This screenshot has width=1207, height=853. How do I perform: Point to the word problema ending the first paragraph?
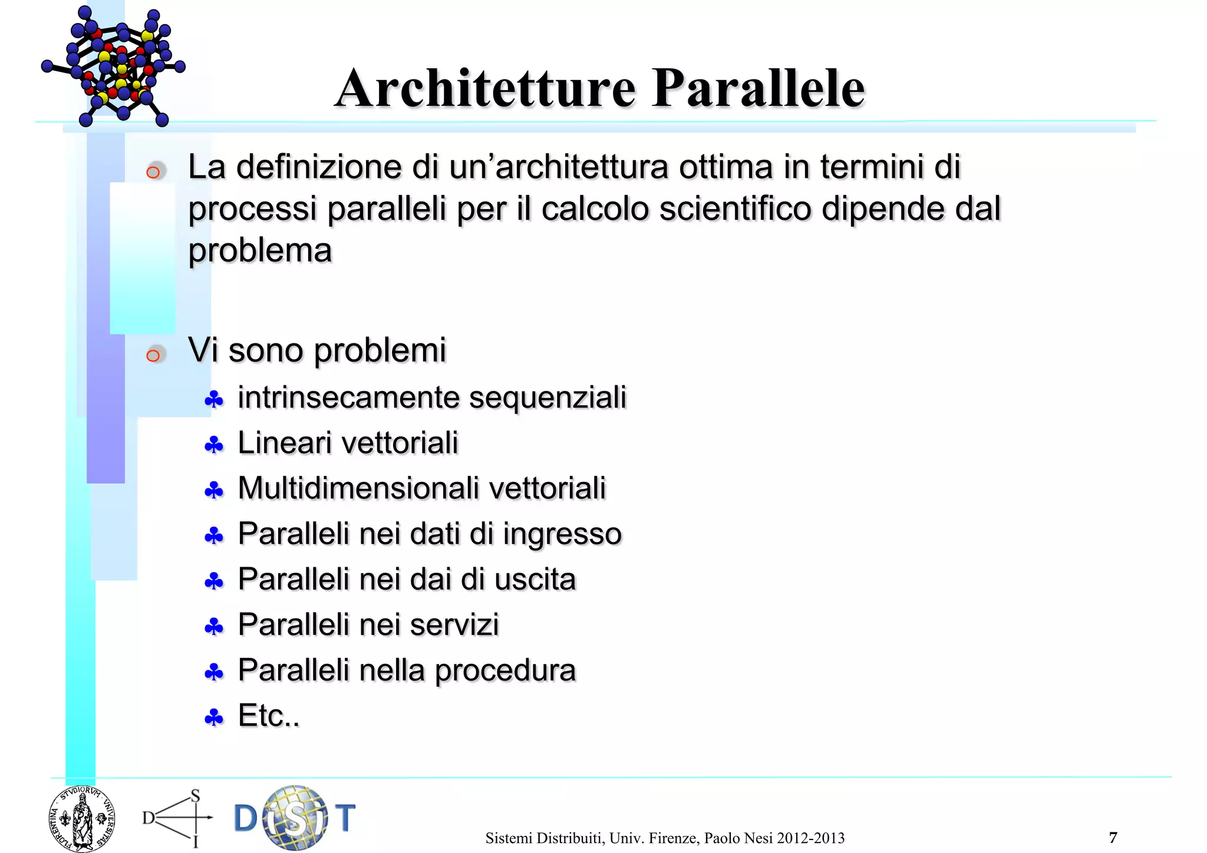coord(260,251)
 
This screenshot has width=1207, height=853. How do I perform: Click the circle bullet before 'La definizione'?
coord(153,172)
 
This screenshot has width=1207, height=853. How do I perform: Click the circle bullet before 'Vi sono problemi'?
coord(153,355)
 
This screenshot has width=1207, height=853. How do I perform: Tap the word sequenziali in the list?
coord(548,397)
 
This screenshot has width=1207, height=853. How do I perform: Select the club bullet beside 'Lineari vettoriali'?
coord(213,445)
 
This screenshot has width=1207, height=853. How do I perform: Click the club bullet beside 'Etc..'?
coord(213,718)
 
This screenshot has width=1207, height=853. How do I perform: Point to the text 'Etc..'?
coord(269,716)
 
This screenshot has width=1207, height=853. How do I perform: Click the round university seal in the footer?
coord(82,819)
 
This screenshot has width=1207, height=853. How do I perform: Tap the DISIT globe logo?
coord(295,818)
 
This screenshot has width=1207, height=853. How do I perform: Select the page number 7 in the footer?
coord(1113,837)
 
